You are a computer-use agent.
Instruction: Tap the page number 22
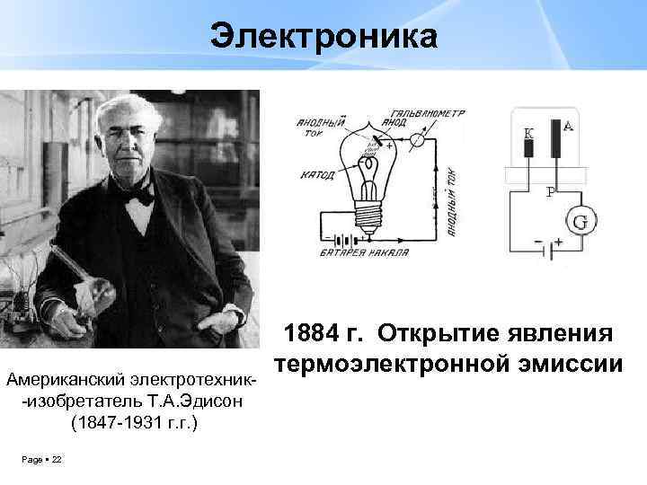pyautogui.click(x=57, y=460)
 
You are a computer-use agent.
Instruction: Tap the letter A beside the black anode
pyautogui.click(x=568, y=127)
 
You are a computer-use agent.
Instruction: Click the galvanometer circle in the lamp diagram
pyautogui.click(x=416, y=140)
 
